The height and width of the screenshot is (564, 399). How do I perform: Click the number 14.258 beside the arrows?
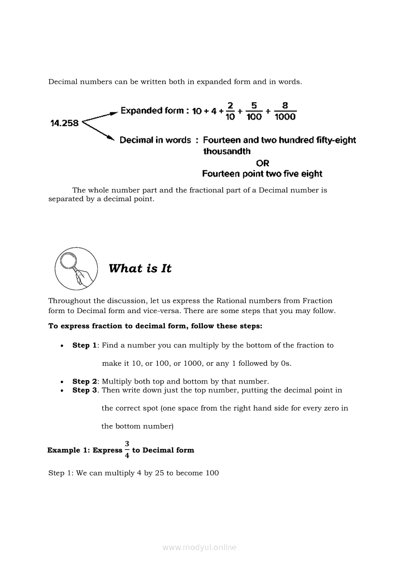(x=64, y=123)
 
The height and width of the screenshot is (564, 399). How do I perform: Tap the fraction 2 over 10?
(x=230, y=111)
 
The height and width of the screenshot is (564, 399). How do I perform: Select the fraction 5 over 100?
(x=254, y=111)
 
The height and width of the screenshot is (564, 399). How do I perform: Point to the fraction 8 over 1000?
(x=285, y=111)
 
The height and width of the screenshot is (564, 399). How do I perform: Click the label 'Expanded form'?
(x=152, y=110)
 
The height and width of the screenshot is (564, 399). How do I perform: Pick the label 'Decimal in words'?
(x=155, y=140)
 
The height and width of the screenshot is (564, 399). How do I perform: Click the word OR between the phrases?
(x=262, y=163)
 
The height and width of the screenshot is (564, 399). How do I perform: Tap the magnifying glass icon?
(x=75, y=268)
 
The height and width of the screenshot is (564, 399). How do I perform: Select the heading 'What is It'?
(x=140, y=269)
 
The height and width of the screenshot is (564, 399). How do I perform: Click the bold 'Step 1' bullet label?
(x=84, y=345)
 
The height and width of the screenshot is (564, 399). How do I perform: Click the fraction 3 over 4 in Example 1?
(x=127, y=450)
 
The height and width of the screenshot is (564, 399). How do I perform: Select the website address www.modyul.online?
(x=199, y=547)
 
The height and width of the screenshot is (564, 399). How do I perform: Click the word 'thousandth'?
(x=227, y=151)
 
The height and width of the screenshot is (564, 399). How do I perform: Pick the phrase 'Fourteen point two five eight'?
(x=262, y=174)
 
